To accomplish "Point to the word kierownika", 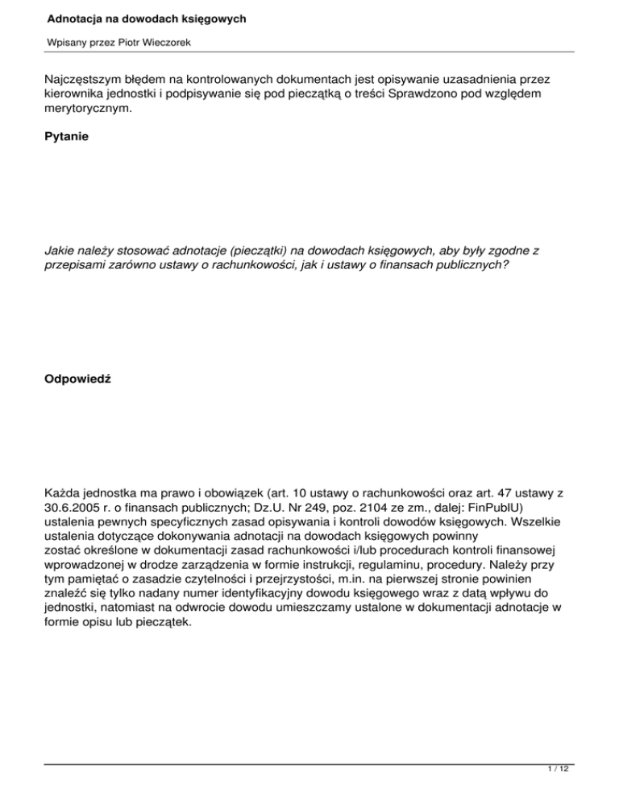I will pyautogui.click(x=80, y=93).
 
